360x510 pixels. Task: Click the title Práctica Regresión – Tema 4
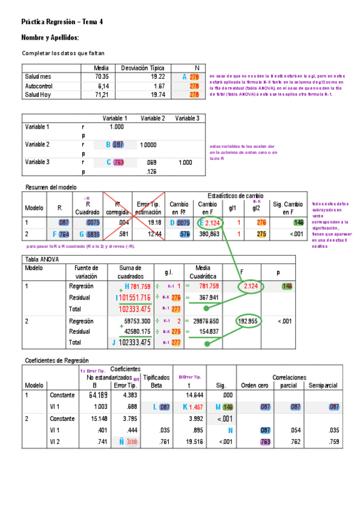62,22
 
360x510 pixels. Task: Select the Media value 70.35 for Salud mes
101,77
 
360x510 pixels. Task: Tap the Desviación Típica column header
144,68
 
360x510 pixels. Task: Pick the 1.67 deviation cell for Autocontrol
157,86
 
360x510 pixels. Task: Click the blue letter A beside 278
185,77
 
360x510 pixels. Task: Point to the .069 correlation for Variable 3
151,162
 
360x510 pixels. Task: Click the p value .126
151,171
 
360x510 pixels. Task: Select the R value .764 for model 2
63,234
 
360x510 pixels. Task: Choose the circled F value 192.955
248,321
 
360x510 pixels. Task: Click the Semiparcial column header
322,385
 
